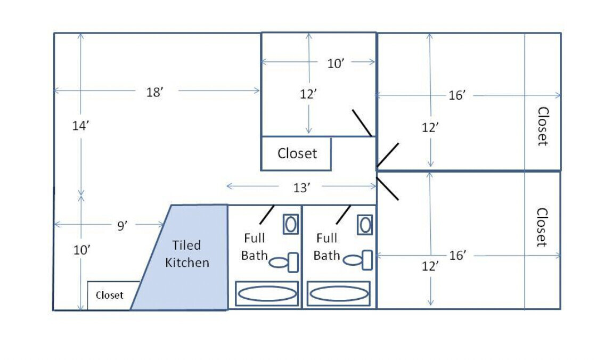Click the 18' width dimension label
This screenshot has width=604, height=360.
(x=154, y=92)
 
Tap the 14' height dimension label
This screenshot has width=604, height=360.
(x=80, y=126)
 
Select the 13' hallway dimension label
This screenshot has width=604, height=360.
(x=301, y=187)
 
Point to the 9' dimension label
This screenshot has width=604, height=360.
(x=122, y=226)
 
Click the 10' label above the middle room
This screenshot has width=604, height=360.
(x=336, y=63)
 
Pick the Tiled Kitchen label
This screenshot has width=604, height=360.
(x=187, y=254)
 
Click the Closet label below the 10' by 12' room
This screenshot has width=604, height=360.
(x=297, y=154)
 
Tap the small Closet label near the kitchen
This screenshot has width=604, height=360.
(x=110, y=295)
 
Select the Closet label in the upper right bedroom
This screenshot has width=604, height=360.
(x=542, y=127)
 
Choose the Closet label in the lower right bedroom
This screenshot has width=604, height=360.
(x=541, y=227)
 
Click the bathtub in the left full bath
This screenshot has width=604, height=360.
(x=267, y=293)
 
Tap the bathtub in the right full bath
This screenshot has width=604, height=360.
(x=339, y=293)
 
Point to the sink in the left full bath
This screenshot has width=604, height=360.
(x=290, y=224)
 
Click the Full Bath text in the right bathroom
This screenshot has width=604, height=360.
(x=327, y=247)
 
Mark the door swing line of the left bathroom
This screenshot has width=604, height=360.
(x=266, y=214)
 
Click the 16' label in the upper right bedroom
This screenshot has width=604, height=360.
(x=457, y=96)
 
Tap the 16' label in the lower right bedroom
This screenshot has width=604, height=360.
(x=457, y=256)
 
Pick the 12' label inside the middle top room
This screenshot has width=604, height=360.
(x=308, y=94)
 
